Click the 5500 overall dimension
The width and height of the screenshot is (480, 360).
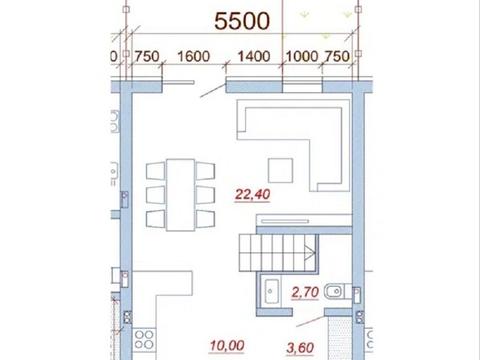pyautogui.click(x=242, y=21)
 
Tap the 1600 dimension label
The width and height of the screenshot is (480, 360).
pyautogui.click(x=193, y=56)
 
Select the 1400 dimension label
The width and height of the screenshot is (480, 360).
pyautogui.click(x=254, y=56)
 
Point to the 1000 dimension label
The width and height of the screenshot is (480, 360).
pyautogui.click(x=302, y=56)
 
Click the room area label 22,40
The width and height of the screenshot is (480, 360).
pyautogui.click(x=252, y=194)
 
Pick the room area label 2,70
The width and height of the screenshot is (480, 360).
pyautogui.click(x=305, y=292)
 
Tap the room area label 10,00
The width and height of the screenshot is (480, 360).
pyautogui.click(x=227, y=346)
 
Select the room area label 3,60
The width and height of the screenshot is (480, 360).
pyautogui.click(x=300, y=348)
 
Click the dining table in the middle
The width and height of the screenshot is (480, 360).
pyautogui.click(x=181, y=195)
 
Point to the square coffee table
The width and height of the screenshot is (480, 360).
pyautogui.click(x=281, y=170)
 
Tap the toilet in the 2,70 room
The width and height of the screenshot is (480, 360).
pyautogui.click(x=337, y=292)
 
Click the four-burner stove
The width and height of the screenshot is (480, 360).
pyautogui.click(x=144, y=340)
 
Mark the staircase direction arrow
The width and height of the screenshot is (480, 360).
pyautogui.click(x=310, y=252)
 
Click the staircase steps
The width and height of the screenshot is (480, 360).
pyautogui.click(x=277, y=253)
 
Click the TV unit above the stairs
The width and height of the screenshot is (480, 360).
pyautogui.click(x=304, y=220)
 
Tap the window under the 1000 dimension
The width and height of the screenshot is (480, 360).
pyautogui.click(x=302, y=86)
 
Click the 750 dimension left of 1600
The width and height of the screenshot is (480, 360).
pyautogui.click(x=147, y=56)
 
